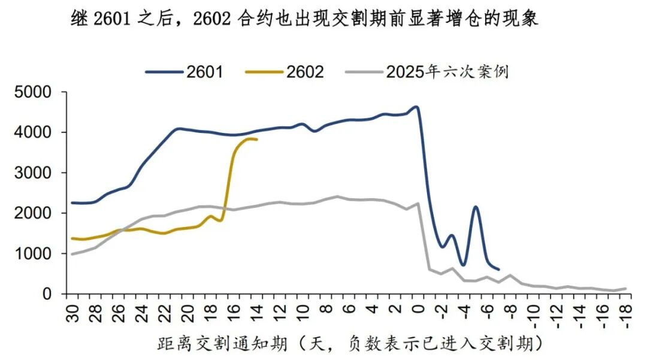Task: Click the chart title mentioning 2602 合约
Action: [x=304, y=19]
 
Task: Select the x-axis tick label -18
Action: [x=625, y=314]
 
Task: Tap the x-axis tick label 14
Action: [x=258, y=311]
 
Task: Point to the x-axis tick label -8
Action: [x=510, y=313]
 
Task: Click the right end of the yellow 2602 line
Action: [x=257, y=140]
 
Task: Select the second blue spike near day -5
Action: [x=475, y=207]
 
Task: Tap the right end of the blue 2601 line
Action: [x=498, y=270]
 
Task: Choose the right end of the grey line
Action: [x=625, y=289]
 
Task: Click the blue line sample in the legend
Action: [x=164, y=72]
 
